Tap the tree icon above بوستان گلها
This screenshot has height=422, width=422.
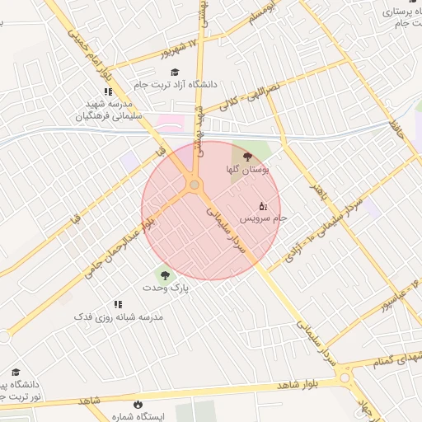pyautogui.click(x=248, y=154)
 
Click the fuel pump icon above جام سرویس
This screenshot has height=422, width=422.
pyautogui.click(x=263, y=205)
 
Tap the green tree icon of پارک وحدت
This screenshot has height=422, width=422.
pyautogui.click(x=164, y=274)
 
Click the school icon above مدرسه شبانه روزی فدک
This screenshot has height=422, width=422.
pyautogui.click(x=118, y=304)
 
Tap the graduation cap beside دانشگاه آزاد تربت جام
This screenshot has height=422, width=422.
pyautogui.click(x=175, y=72)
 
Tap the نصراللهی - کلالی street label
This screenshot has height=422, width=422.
pyautogui.click(x=252, y=96)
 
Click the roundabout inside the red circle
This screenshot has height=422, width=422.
pyautogui.click(x=195, y=185)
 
